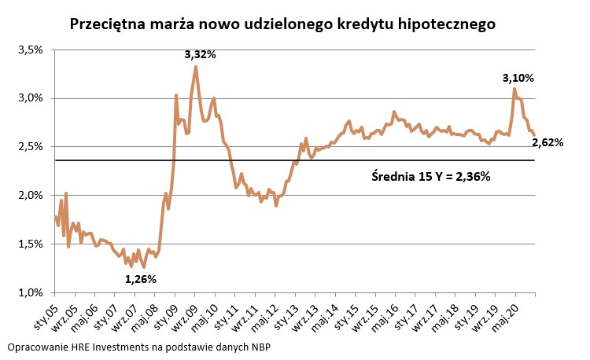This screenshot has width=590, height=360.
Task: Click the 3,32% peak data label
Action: [200, 54]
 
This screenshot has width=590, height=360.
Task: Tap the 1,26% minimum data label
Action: [141, 279]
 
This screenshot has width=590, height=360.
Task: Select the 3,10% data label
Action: [518, 78]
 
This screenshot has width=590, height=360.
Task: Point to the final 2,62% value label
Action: [548, 142]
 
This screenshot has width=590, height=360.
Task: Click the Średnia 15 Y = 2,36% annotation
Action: [430, 177]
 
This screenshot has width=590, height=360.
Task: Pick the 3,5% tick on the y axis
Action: [28, 50]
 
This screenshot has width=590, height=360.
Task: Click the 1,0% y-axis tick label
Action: [28, 292]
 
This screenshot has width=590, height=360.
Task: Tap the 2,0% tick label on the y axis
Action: [28, 195]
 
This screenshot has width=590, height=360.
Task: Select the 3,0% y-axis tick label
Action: [28, 98]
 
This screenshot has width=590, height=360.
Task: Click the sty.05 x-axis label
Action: [47, 311]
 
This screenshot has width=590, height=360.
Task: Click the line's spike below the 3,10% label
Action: [514, 89]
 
